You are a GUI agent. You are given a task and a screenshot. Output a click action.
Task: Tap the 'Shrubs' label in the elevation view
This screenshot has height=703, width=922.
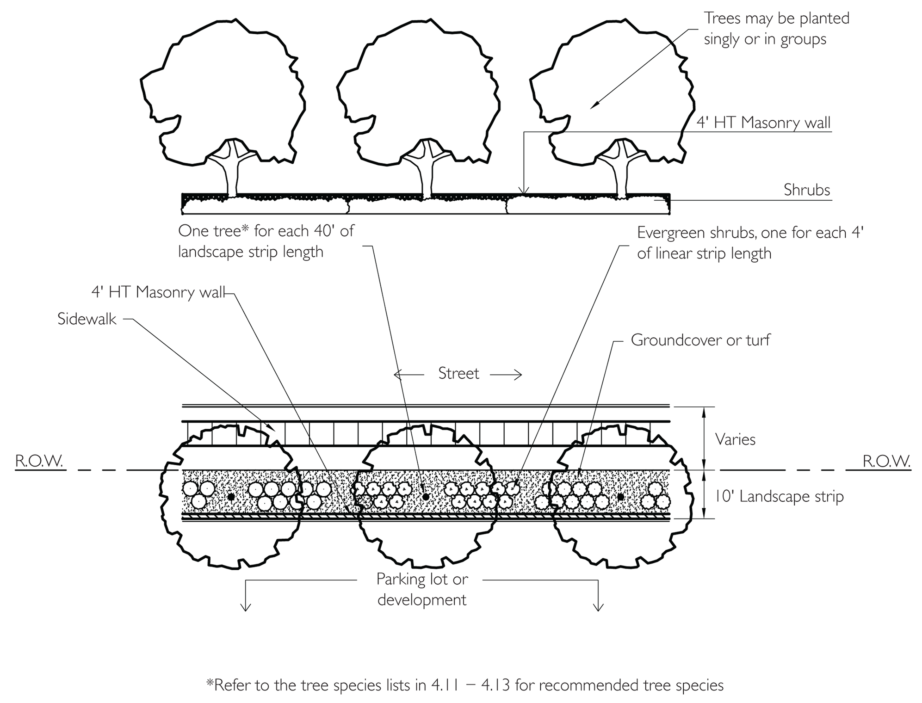pos(807,190)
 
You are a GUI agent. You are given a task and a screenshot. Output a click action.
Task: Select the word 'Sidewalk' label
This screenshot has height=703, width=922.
pos(87,319)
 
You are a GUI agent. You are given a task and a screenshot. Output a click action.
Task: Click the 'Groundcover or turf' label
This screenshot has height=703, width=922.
pos(700,340)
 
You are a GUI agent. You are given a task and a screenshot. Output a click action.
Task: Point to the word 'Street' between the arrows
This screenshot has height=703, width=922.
pos(458,374)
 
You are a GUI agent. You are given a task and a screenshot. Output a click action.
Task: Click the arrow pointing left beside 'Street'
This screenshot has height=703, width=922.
pos(408,374)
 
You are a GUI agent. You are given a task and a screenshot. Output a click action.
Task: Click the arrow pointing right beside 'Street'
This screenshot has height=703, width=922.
pos(507,375)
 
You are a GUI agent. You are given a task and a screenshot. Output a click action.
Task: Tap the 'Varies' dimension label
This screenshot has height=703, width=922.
pos(735,439)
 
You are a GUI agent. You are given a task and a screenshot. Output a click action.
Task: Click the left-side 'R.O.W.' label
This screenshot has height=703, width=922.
pos(39,462)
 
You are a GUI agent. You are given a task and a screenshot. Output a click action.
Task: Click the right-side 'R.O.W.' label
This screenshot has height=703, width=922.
pos(886,462)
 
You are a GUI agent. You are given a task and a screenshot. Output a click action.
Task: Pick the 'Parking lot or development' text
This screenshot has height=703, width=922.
pos(422,589)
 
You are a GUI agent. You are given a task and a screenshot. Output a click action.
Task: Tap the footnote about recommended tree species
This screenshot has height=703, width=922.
pos(464,685)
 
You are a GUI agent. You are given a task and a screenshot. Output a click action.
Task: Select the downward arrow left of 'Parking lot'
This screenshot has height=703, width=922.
pos(246,597)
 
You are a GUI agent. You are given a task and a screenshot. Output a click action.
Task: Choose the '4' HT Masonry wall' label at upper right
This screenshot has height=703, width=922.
pos(763,123)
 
